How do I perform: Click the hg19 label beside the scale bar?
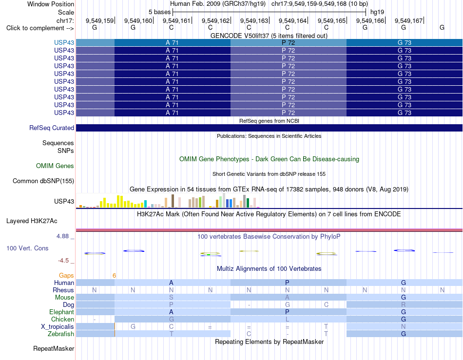[x=377, y=12]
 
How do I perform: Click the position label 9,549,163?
[x=254, y=20]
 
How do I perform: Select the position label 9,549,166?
[x=370, y=20]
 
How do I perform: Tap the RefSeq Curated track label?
[x=52, y=128]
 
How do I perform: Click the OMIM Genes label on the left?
[x=55, y=166]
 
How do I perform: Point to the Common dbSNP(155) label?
[x=43, y=181]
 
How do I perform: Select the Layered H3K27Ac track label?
[x=32, y=221]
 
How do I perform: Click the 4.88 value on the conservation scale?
[x=62, y=236]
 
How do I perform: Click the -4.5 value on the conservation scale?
[x=63, y=261]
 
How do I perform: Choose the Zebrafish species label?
[x=61, y=334]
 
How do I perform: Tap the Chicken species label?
[x=62, y=319]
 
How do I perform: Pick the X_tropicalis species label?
[x=58, y=327]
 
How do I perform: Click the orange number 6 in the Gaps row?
[x=114, y=276]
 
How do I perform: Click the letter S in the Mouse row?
[x=171, y=297]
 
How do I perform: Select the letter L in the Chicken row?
[x=288, y=319]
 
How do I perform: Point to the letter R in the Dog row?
[x=404, y=304]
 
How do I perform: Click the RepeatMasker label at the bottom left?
[x=54, y=348]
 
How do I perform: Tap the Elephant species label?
[x=62, y=312]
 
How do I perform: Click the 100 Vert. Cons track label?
[x=27, y=248]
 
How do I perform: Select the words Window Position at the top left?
[x=51, y=4]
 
